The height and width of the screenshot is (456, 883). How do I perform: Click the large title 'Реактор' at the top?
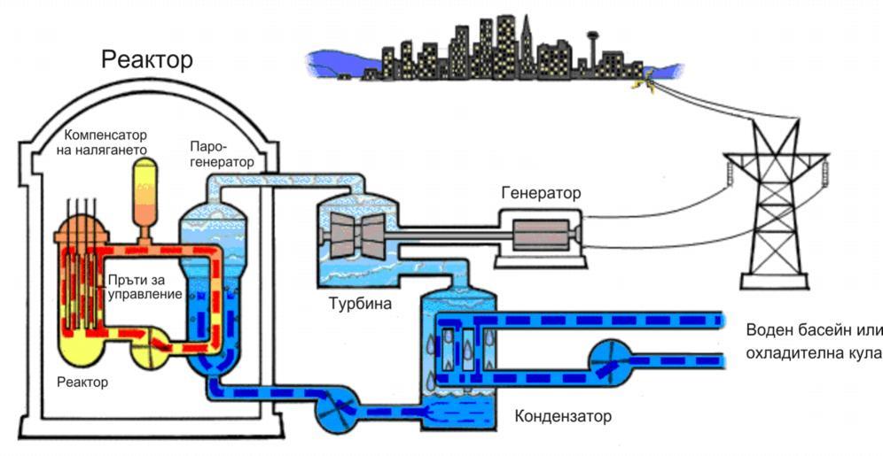pyautogui.click(x=147, y=60)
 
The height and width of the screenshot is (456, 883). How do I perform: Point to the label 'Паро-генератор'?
pyautogui.click(x=221, y=153)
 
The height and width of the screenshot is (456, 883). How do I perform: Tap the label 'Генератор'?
pyautogui.click(x=541, y=192)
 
